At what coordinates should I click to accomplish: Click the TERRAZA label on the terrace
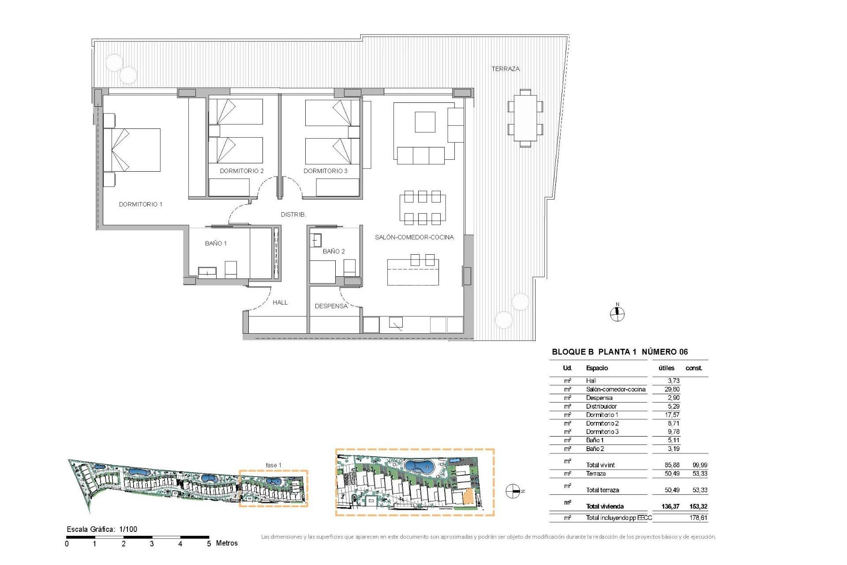point(506,69)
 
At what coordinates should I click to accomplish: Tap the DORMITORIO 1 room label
point(140,204)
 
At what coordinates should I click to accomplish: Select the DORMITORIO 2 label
point(242,171)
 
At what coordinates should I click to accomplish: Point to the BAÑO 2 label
point(334,251)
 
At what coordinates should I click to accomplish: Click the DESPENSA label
point(331,306)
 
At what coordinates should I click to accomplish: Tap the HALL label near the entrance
point(280,302)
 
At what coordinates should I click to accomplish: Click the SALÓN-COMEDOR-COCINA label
point(414,237)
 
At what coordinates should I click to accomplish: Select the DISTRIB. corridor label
point(293,215)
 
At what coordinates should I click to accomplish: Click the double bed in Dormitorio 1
point(132,150)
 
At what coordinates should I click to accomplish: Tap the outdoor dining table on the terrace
point(525,118)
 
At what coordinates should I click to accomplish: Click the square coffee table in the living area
point(425,122)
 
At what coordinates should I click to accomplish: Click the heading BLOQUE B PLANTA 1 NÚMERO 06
point(619,352)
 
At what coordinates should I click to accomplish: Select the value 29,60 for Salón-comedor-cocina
point(672,389)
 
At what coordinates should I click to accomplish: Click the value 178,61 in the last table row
point(698,518)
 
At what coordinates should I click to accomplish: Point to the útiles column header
point(666,368)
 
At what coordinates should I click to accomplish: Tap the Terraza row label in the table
point(596,474)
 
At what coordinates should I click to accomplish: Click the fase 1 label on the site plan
point(273,465)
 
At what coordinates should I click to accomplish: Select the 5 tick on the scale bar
point(209,544)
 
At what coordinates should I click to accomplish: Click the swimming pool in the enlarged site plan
point(419,466)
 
